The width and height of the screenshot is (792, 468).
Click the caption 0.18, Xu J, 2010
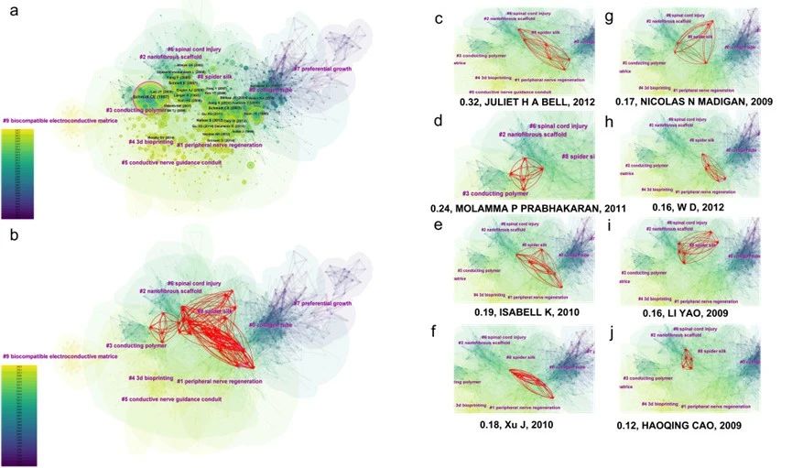pos(516,424)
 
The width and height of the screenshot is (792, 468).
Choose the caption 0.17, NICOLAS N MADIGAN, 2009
pos(694,101)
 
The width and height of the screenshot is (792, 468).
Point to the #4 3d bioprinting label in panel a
pos(150,142)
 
